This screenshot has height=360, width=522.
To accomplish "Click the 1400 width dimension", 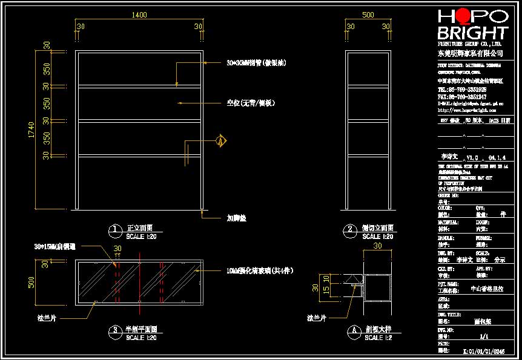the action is click(139, 16).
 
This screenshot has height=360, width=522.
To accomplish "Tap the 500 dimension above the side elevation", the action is click(368, 16).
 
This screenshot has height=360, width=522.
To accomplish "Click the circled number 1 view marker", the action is click(114, 230).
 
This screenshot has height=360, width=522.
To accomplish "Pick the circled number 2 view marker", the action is click(349, 230).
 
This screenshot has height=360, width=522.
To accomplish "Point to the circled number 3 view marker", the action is click(114, 330).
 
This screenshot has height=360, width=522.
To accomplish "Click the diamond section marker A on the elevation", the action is click(221, 142).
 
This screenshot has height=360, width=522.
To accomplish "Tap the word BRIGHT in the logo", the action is click(472, 33).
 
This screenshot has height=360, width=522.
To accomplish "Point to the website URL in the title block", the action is click(463, 111).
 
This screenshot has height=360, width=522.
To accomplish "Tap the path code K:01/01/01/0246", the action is click(484, 350).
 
